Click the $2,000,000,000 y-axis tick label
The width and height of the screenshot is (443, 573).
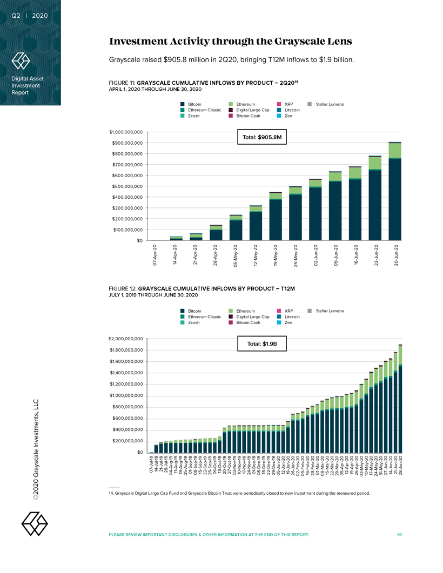click(x=125, y=339)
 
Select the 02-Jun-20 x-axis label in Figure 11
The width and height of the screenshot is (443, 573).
click(x=316, y=256)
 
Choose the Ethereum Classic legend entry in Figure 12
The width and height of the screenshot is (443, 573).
click(x=201, y=316)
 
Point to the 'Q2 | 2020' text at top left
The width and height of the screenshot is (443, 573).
click(x=30, y=15)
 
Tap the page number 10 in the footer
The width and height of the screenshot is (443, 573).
click(x=399, y=535)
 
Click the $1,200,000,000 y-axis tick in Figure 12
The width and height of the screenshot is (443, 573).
click(x=125, y=384)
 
